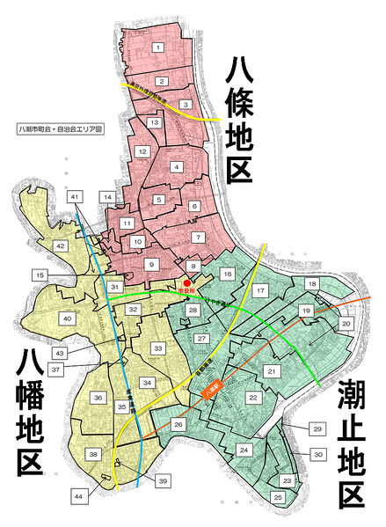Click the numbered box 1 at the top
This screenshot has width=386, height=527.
click(157, 47)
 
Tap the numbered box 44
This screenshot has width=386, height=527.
click(78, 498)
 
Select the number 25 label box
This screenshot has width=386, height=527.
click(278, 498)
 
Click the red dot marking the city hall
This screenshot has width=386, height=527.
click(187, 282)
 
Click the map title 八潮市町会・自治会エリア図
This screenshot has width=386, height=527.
click(55, 128)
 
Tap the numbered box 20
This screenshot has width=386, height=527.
click(346, 324)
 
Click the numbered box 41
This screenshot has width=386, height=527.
click(76, 196)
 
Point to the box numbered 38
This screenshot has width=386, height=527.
click(93, 455)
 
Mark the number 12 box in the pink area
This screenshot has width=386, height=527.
click(142, 152)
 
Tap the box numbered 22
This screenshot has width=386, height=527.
click(252, 399)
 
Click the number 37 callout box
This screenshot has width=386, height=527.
click(55, 370)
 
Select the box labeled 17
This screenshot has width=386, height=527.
click(260, 289)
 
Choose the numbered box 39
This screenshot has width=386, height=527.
click(163, 481)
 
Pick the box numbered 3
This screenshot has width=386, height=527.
click(186, 105)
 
